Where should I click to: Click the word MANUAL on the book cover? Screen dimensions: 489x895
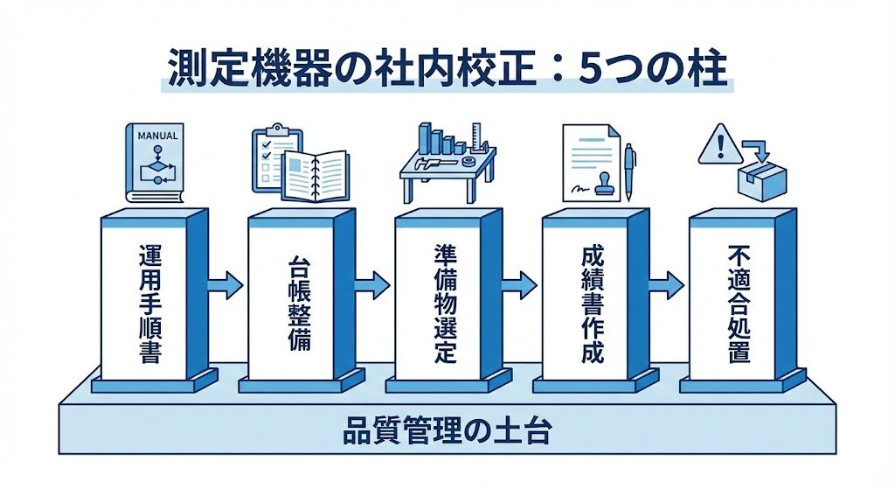pos(157,136)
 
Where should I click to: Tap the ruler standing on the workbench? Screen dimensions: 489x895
pos(477,140)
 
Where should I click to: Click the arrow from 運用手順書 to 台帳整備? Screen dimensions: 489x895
pos(225,283)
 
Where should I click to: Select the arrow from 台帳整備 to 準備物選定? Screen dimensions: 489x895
pos(371,283)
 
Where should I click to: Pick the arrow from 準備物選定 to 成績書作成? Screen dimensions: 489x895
pos(518,283)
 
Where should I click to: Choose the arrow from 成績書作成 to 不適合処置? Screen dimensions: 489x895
pos(665,283)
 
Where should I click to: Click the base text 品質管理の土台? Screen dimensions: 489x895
pos(447,432)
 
